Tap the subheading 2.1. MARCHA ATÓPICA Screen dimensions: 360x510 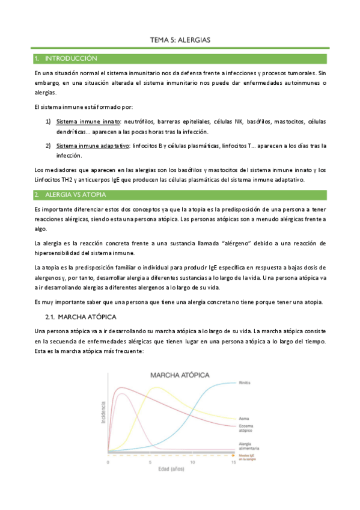pos(81,316)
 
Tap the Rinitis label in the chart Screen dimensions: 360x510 pos(244,382)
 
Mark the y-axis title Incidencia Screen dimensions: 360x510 pos(102,414)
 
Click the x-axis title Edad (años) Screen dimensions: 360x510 pos(171,470)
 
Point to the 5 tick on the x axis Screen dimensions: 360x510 pos(150,462)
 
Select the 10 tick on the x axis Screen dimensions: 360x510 pos(192,462)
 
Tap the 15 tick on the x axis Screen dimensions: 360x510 pos(234,462)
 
